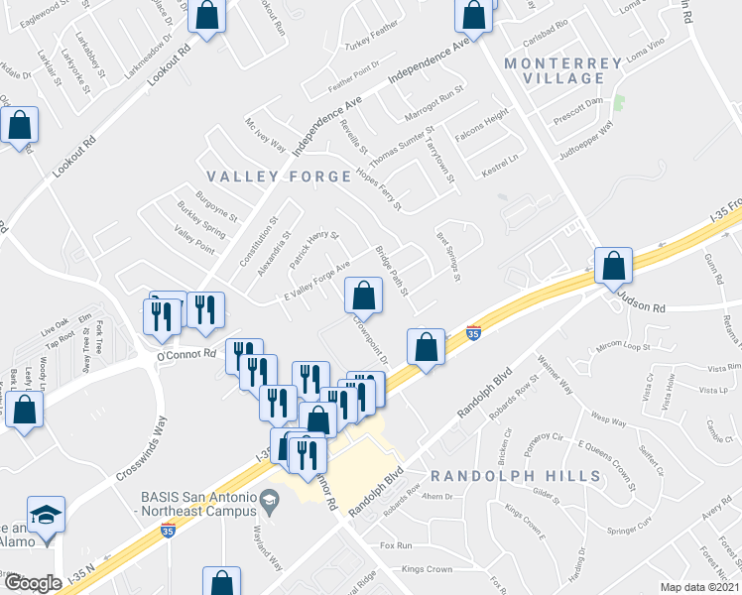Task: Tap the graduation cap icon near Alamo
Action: point(44,517)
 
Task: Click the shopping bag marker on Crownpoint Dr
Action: point(363,295)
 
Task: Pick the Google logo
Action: point(32,583)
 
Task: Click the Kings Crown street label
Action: point(427,569)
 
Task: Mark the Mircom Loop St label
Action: point(621,348)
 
